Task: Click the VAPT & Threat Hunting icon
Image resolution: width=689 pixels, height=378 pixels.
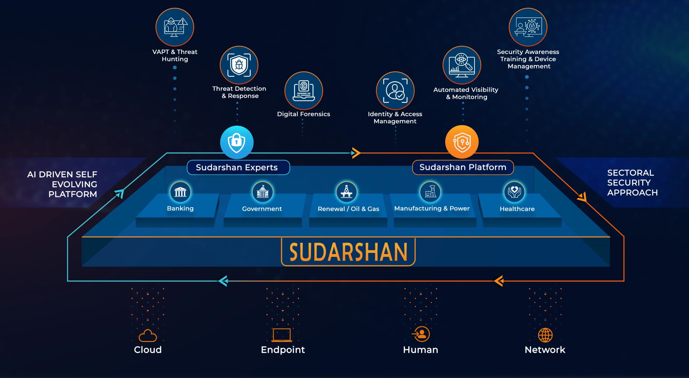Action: [x=175, y=27]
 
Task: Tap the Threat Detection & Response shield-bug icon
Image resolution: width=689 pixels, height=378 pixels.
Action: [x=239, y=65]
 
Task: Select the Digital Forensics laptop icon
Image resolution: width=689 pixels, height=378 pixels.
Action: [x=304, y=91]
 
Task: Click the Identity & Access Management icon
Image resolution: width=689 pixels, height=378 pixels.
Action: [x=395, y=91]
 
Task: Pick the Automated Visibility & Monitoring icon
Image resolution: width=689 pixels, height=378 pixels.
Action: [x=462, y=65]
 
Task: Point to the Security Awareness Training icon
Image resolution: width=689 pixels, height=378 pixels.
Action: [x=528, y=27]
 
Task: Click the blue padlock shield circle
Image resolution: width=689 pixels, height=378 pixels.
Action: [x=237, y=142]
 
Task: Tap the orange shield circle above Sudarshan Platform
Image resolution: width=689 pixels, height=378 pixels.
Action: [x=462, y=142]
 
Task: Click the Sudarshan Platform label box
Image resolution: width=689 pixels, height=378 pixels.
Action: [x=463, y=167]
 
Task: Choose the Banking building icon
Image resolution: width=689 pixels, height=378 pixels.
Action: [x=180, y=192]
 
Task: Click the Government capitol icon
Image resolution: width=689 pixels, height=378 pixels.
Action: [x=262, y=192]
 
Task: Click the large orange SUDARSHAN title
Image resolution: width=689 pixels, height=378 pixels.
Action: [x=348, y=252]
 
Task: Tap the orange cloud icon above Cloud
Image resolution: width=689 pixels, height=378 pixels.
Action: [x=148, y=336]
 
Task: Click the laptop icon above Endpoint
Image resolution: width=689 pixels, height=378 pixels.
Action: [x=282, y=335]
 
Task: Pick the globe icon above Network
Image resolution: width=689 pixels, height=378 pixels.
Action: [x=545, y=335]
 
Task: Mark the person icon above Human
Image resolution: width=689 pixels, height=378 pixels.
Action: [x=421, y=334]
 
